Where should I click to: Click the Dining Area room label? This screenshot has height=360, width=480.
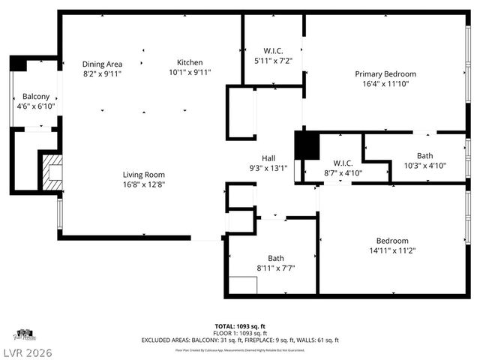[x=102, y=64]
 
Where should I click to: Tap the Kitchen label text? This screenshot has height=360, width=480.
[x=190, y=62]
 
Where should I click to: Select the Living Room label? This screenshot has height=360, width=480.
[x=144, y=175]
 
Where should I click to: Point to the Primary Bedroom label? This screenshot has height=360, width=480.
[x=385, y=74]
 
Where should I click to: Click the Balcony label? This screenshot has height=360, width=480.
[x=36, y=97]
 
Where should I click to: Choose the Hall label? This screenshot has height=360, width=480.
[x=268, y=158]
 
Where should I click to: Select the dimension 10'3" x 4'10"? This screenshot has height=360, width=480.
[x=425, y=166]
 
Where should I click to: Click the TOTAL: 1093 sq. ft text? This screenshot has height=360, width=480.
[x=240, y=326]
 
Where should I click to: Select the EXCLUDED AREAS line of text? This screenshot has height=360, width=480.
[x=240, y=340]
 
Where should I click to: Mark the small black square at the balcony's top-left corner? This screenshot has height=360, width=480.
[x=18, y=64]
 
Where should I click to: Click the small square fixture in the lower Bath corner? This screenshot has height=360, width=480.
[x=242, y=285]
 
